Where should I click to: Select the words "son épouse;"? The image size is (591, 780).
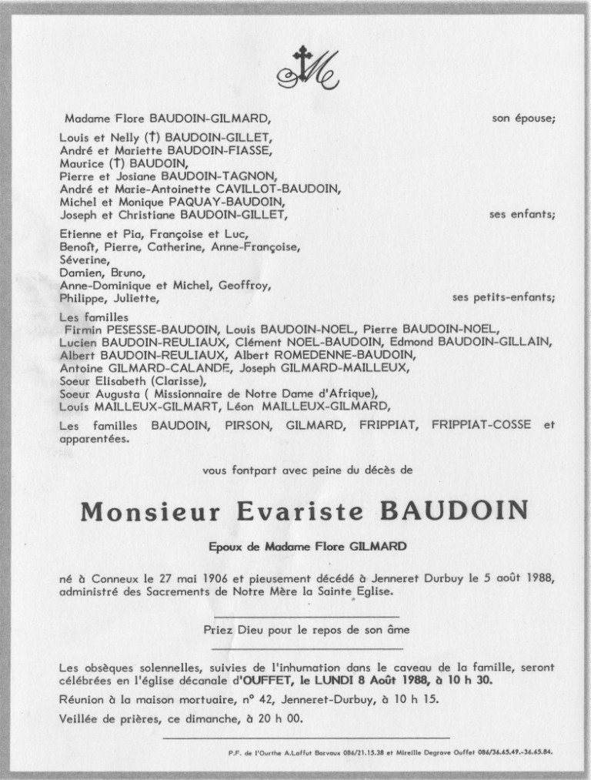tap(523, 119)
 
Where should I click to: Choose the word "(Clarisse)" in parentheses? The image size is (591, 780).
tap(179, 380)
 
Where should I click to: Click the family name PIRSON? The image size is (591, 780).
tap(245, 424)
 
